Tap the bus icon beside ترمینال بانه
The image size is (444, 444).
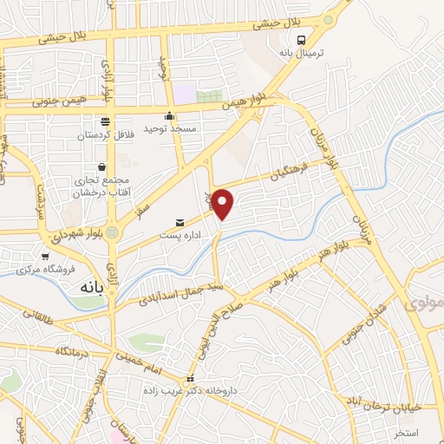coord(301,40)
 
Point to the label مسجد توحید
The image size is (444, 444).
coord(173,129)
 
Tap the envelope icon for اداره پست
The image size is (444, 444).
coord(180,222)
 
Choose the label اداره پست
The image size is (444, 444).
coord(179,234)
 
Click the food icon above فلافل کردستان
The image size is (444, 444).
coord(105,122)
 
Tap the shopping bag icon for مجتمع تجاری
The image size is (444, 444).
coord(102,166)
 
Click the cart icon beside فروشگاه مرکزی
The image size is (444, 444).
coord(45,256)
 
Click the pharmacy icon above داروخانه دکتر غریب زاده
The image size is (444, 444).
coord(191,379)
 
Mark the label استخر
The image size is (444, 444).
coord(407,432)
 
